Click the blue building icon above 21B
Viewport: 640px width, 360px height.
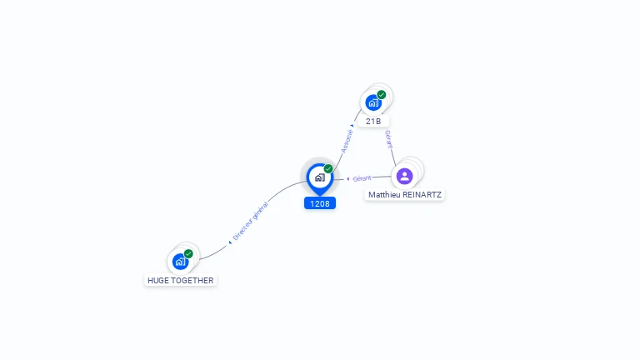tap(372, 102)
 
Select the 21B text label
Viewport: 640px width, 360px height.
tap(373, 121)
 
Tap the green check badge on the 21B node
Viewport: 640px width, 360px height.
tap(382, 94)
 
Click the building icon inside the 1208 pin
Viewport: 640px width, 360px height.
tap(319, 177)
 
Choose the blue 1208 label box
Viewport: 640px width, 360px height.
tap(320, 203)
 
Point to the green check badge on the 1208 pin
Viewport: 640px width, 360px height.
tap(328, 169)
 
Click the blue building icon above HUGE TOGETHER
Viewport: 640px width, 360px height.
tap(180, 262)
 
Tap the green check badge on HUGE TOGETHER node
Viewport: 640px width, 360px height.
tap(189, 253)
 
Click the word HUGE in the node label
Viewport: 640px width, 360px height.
tap(159, 281)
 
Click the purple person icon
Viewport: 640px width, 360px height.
tap(404, 176)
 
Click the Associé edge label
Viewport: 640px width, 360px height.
tap(346, 140)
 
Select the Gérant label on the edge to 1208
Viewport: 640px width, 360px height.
tap(362, 178)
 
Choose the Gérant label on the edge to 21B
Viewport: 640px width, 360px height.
tap(388, 139)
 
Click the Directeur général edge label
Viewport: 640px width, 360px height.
tap(250, 221)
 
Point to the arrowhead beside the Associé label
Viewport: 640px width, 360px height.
tap(352, 126)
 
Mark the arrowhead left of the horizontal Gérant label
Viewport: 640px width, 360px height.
tap(347, 179)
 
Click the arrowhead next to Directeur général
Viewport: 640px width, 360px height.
tap(230, 242)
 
